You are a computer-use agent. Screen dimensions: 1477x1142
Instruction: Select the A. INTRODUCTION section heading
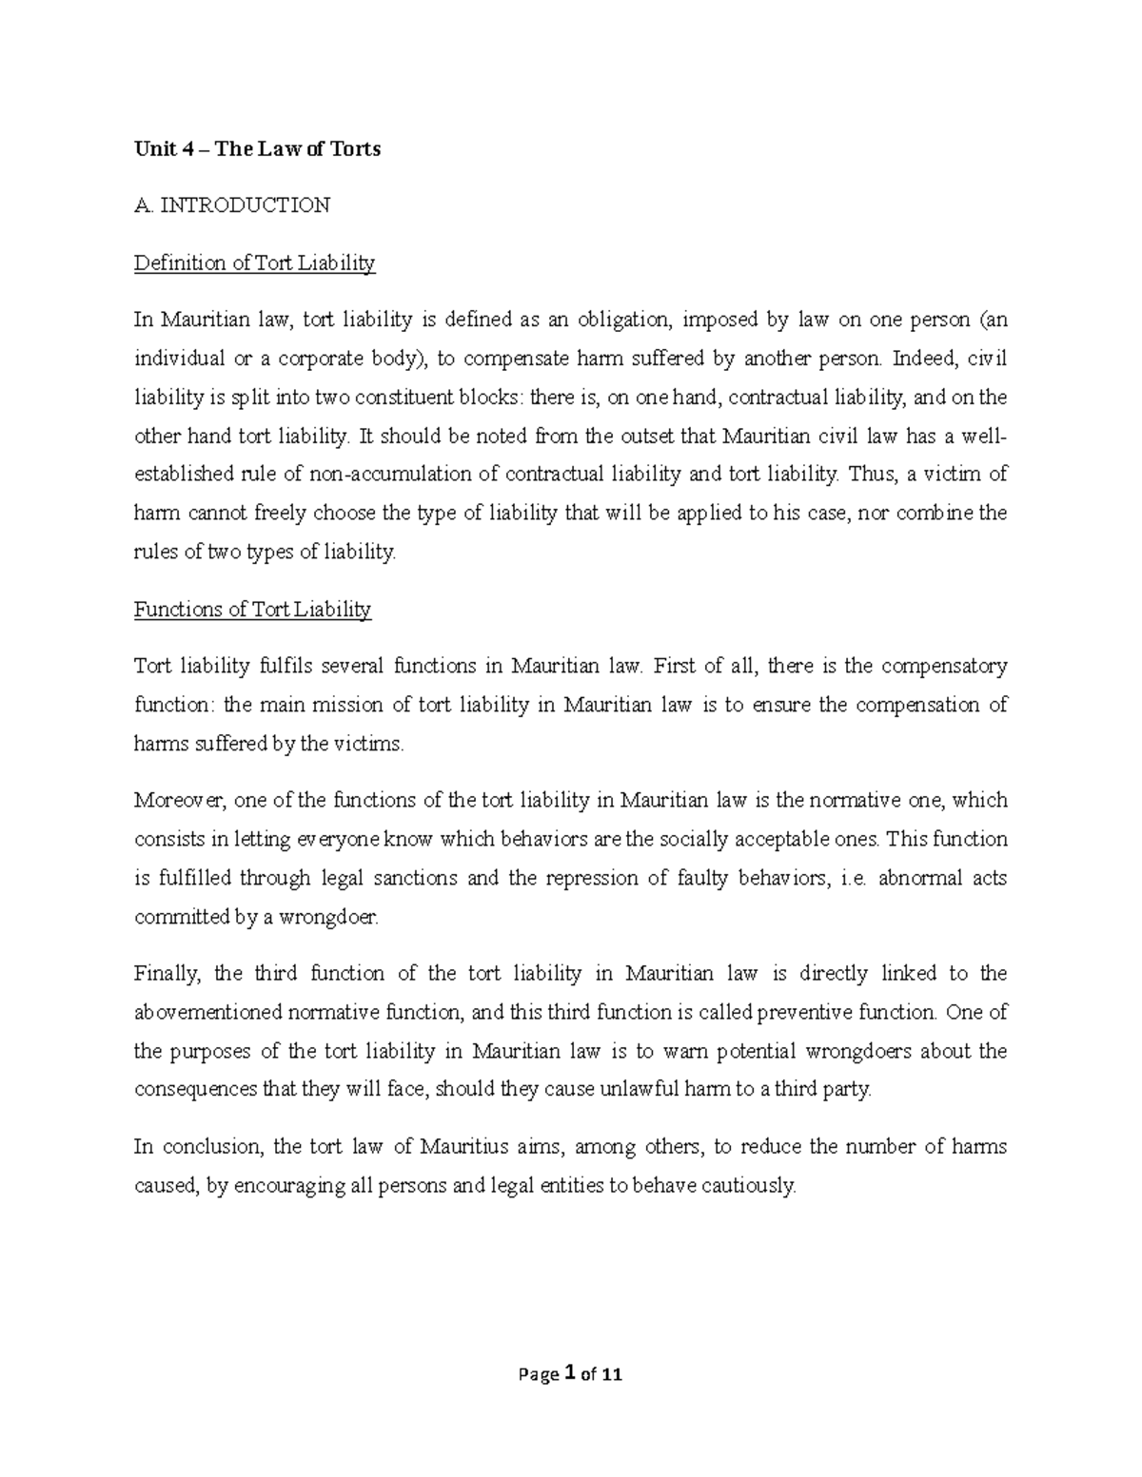point(232,204)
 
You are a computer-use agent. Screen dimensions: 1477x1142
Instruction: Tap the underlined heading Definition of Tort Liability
point(255,262)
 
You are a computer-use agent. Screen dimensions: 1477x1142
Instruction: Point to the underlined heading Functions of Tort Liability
point(252,609)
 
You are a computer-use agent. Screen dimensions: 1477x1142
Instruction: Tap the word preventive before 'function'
point(804,1012)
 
